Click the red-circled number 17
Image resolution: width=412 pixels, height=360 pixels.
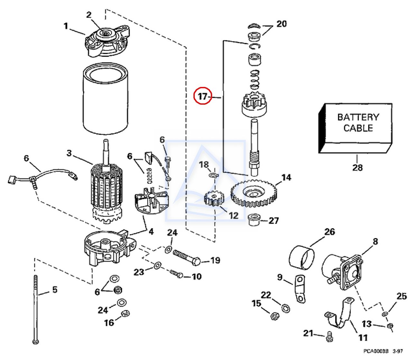click(x=202, y=96)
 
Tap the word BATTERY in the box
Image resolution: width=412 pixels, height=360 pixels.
click(x=358, y=117)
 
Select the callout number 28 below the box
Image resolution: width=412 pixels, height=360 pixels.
click(x=357, y=167)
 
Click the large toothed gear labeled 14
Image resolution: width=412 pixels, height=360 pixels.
click(x=254, y=194)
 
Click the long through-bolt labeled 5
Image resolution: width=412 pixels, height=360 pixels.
click(x=35, y=309)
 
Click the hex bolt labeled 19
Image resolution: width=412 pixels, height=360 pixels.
click(x=187, y=258)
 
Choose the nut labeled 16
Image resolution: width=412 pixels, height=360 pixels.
click(x=125, y=313)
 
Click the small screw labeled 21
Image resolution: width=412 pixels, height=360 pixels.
click(x=329, y=337)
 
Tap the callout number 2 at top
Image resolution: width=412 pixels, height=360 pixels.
click(x=89, y=15)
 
